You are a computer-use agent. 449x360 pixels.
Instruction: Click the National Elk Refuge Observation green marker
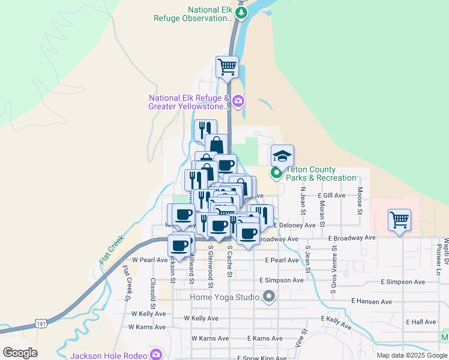[x=241, y=13]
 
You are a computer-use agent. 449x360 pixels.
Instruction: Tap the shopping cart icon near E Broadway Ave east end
[x=399, y=220]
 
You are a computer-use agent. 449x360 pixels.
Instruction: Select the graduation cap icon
[x=283, y=156]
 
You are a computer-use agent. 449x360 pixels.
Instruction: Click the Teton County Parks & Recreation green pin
[x=277, y=174]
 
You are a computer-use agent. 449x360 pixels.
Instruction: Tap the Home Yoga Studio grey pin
[x=268, y=296]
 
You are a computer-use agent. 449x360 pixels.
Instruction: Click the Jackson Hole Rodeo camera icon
[x=156, y=355]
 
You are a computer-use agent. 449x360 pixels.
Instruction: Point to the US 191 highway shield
[x=41, y=323]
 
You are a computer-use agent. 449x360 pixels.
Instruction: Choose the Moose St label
[x=360, y=201]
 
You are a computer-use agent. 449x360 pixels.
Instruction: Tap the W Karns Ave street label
[x=147, y=327]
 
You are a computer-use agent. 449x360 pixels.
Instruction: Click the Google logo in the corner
[x=20, y=353]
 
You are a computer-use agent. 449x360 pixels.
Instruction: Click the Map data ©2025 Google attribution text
[x=412, y=355]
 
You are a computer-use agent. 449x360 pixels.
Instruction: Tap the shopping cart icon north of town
[x=228, y=67]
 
